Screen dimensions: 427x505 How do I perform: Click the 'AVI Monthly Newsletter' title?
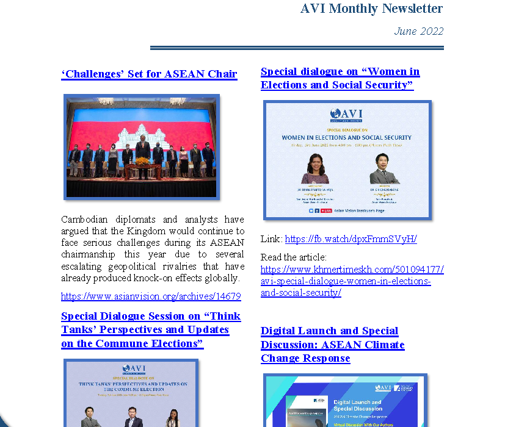pyautogui.click(x=371, y=9)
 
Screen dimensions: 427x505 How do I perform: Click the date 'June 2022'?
pyautogui.click(x=418, y=31)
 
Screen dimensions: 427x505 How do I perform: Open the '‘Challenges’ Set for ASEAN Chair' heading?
pyautogui.click(x=149, y=74)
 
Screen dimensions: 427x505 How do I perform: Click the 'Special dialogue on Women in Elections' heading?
pyautogui.click(x=340, y=78)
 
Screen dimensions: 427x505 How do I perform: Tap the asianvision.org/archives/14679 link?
pyautogui.click(x=151, y=296)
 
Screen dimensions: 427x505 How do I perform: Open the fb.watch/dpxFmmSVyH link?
pyautogui.click(x=351, y=239)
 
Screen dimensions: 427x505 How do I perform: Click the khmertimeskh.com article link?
pyautogui.click(x=352, y=281)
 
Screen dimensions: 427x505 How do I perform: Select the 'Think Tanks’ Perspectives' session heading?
pyautogui.click(x=150, y=329)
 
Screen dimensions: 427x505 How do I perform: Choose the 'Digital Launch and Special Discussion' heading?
pyautogui.click(x=332, y=345)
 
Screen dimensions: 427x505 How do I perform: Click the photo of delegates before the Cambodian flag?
pyautogui.click(x=142, y=146)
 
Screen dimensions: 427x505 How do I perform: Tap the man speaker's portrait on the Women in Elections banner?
pyautogui.click(x=384, y=168)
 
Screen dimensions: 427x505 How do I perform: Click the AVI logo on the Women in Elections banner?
pyautogui.click(x=346, y=115)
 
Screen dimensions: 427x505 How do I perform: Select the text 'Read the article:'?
pyautogui.click(x=294, y=257)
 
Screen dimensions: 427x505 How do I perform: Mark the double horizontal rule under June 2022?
pyautogui.click(x=297, y=48)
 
